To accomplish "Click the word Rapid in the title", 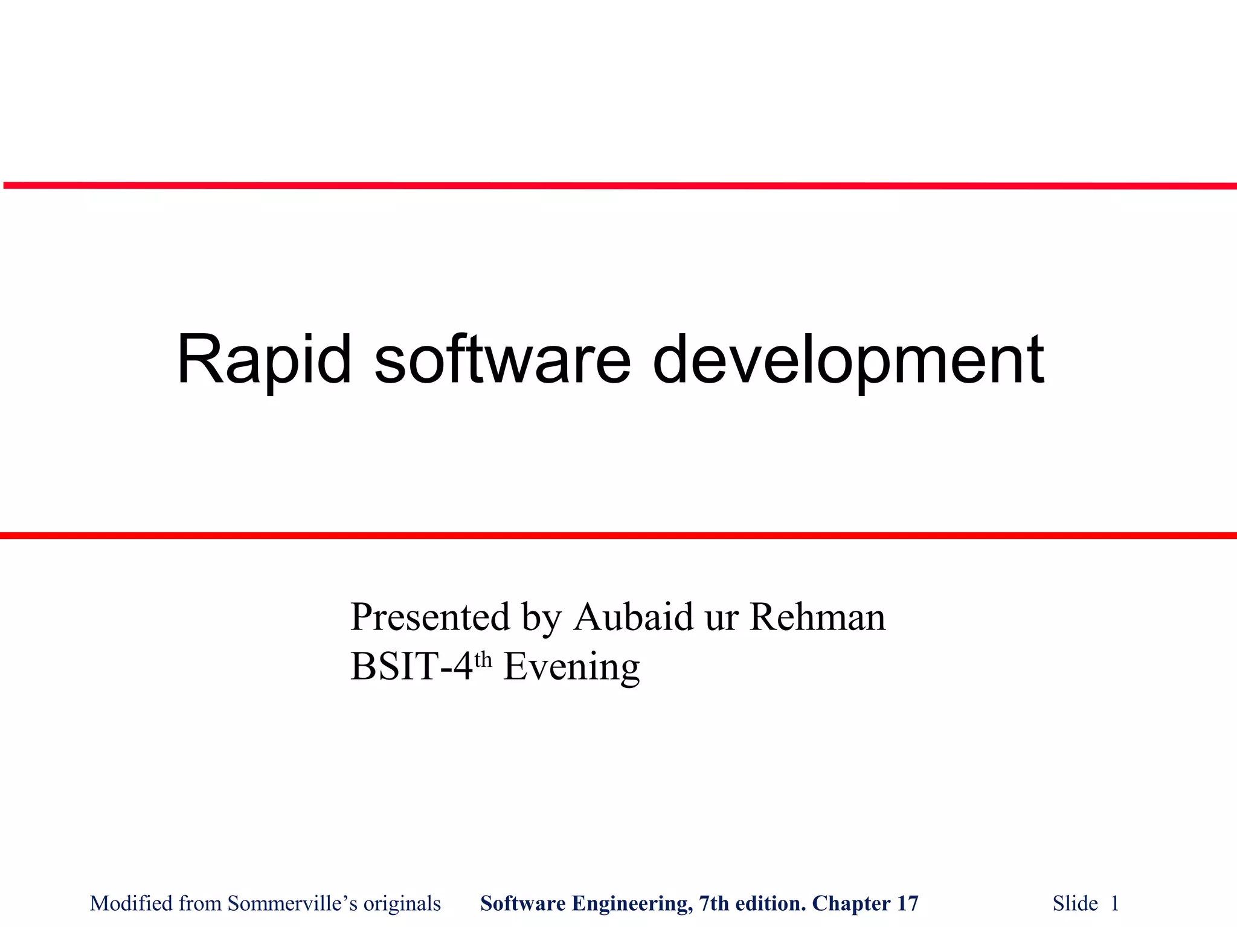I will tap(263, 360).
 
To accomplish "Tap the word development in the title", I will tap(848, 360).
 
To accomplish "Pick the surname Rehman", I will tap(817, 617).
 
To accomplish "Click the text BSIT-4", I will tap(411, 667).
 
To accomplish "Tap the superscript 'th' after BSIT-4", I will tap(484, 660).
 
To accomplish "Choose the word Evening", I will tap(571, 668).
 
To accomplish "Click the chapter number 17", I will tap(908, 903).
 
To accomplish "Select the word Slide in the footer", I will tap(1075, 903).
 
